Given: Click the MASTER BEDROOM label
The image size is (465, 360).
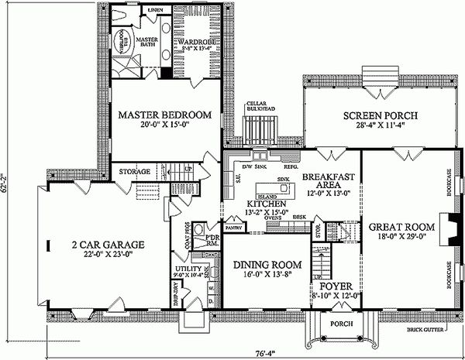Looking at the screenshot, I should tap(164, 115).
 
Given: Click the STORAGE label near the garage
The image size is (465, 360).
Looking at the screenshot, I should tap(133, 171).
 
